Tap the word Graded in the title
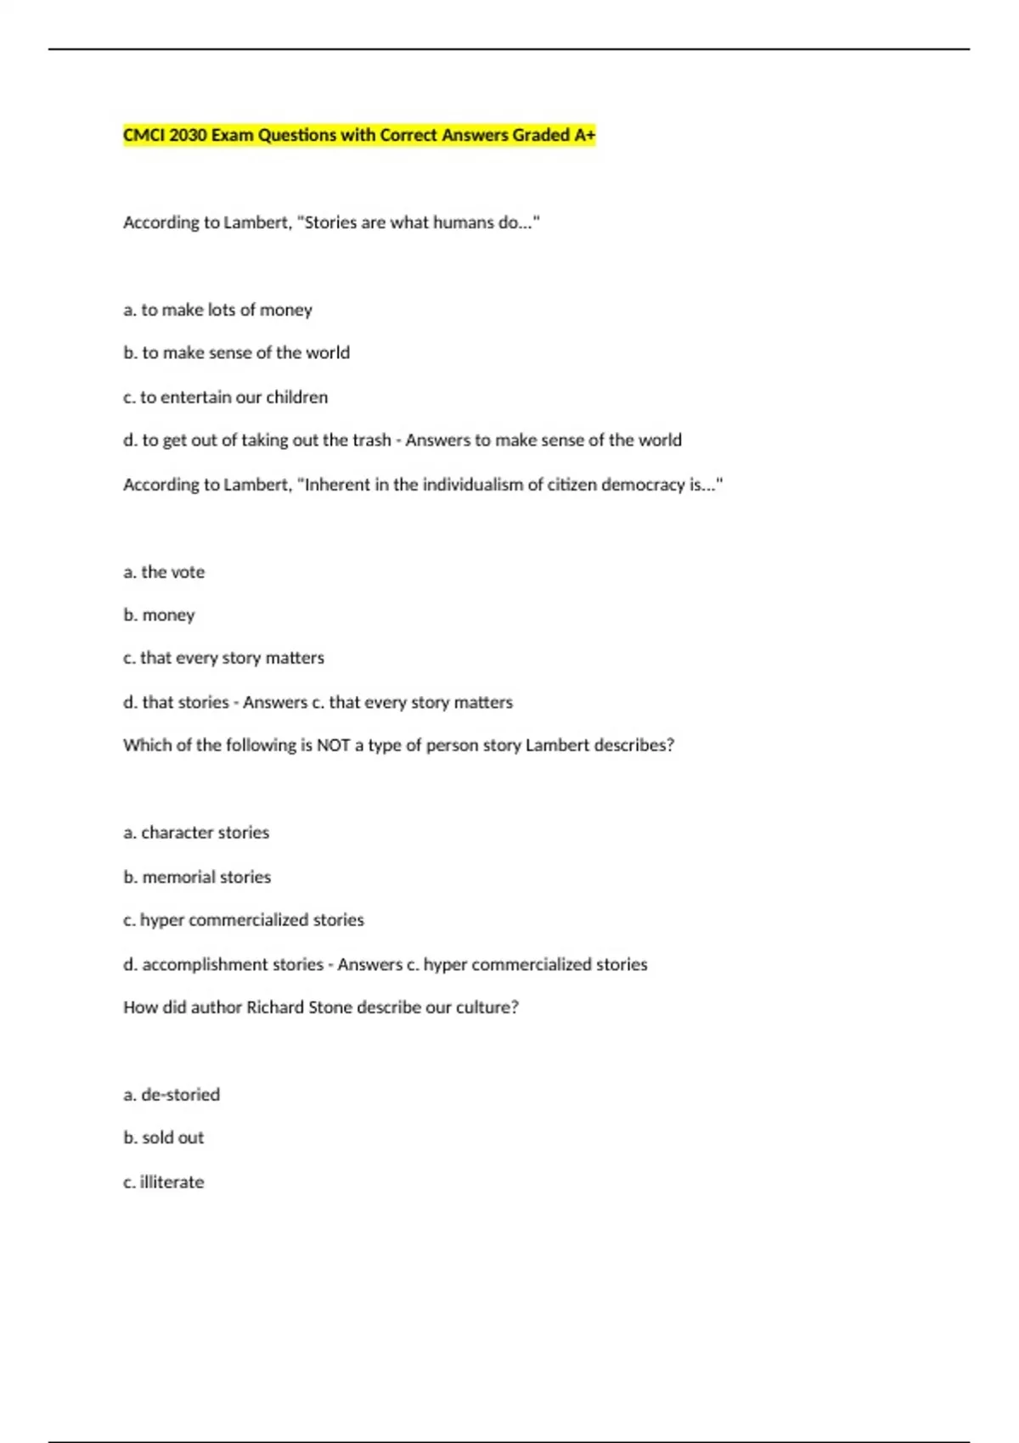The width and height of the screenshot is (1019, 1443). pyautogui.click(x=541, y=135)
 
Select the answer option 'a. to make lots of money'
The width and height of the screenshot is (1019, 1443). pyautogui.click(x=217, y=310)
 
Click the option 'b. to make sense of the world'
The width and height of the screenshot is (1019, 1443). pyautogui.click(x=236, y=352)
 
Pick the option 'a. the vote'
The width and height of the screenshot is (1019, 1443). pyautogui.click(x=164, y=572)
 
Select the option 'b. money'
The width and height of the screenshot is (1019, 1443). pyautogui.click(x=159, y=615)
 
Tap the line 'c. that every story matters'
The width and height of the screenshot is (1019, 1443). pyautogui.click(x=223, y=658)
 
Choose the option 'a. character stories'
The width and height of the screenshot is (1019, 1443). pyautogui.click(x=196, y=833)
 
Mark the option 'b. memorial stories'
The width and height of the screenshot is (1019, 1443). pyautogui.click(x=197, y=877)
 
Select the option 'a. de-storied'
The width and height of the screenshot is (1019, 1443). pyautogui.click(x=172, y=1095)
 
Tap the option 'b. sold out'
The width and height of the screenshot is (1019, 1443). pyautogui.click(x=164, y=1137)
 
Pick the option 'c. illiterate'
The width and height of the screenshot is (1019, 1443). pyautogui.click(x=164, y=1182)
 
